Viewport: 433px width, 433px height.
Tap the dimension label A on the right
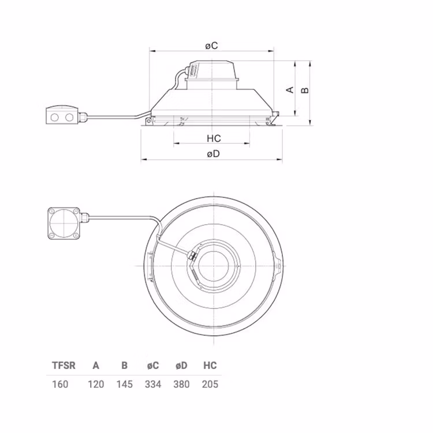290,89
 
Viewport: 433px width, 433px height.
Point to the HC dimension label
214,139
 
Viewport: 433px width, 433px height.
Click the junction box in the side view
62,115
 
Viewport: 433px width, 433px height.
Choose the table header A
96,365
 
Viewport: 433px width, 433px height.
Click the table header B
124,365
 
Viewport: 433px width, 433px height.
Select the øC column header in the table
153,365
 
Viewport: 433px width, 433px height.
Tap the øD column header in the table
181,365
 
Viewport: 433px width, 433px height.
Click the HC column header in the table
210,365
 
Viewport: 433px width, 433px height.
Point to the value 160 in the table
60,384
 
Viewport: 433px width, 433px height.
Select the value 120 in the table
96,384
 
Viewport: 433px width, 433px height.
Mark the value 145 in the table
124,384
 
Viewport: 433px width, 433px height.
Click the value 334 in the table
153,384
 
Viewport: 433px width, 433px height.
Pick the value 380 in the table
181,384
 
